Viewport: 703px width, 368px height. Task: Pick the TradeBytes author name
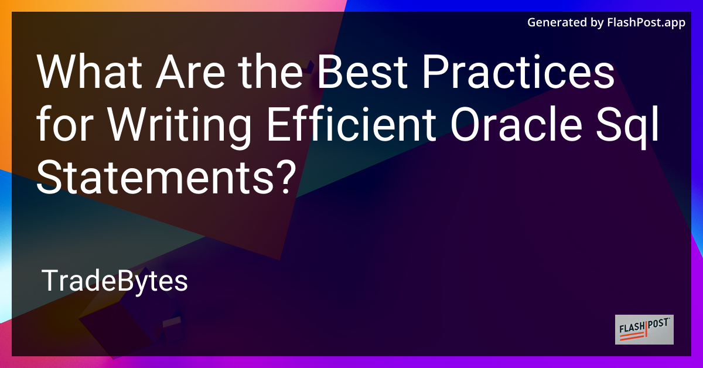point(115,282)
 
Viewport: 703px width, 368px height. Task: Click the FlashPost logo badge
point(644,329)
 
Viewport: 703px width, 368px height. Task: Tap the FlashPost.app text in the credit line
point(650,23)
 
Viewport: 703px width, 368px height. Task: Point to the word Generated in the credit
point(556,23)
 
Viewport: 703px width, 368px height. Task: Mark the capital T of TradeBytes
point(49,282)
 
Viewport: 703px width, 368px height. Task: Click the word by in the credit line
point(597,23)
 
